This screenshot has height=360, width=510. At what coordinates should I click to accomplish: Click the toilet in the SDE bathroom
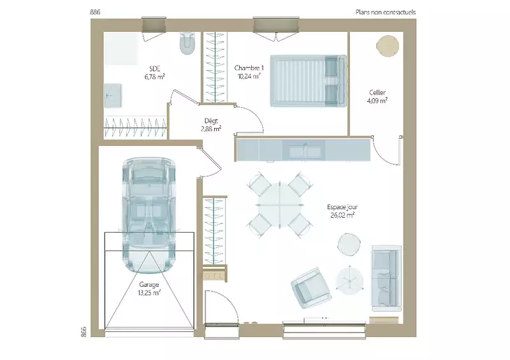click(x=187, y=43)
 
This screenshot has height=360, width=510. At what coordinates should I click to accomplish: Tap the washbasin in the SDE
click(x=113, y=96)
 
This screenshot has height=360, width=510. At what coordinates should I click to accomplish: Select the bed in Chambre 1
click(x=309, y=81)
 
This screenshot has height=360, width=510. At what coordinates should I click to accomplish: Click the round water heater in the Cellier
click(x=388, y=46)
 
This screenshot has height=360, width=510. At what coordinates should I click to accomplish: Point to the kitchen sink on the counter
click(x=305, y=151)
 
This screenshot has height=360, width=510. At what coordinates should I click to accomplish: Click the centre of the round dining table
click(x=280, y=205)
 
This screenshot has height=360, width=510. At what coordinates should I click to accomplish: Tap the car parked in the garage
click(x=149, y=215)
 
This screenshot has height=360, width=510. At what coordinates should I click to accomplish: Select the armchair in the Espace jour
click(x=311, y=289)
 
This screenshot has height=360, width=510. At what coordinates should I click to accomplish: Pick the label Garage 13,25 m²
click(x=149, y=289)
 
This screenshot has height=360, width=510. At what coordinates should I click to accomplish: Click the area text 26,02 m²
click(x=342, y=215)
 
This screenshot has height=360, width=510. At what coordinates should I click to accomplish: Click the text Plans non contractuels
click(x=386, y=12)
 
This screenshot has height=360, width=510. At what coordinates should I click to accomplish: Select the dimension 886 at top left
click(x=95, y=12)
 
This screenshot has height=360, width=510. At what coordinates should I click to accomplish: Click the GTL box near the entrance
click(x=214, y=276)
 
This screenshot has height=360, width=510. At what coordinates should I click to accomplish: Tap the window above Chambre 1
click(x=276, y=25)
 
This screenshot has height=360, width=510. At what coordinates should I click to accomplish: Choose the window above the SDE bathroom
click(x=154, y=25)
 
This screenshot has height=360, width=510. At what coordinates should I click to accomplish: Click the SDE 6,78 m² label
click(x=155, y=73)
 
